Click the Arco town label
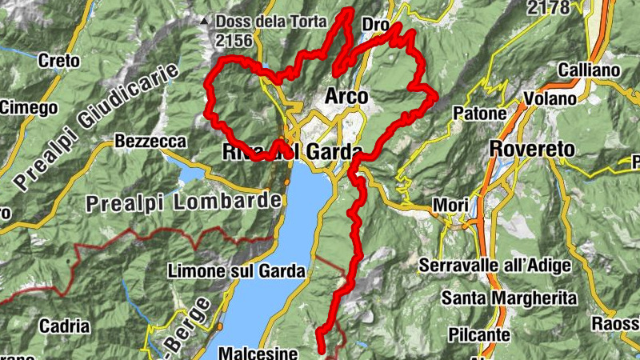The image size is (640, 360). pos(346,96)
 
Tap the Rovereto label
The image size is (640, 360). pos(532,149)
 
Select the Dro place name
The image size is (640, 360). pos(375,26)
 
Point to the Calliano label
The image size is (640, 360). pos(590,70)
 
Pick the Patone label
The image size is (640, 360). pos(480,114)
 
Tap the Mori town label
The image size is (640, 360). pos(450,206)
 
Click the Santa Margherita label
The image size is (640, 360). pos(510,298)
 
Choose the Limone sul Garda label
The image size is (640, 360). pos(237,272)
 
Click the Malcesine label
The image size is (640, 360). pos(258,353)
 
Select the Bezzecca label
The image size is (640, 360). pos(150,142)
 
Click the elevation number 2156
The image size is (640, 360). pos(234,40)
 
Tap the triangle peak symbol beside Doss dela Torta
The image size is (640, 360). pos(205,22)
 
